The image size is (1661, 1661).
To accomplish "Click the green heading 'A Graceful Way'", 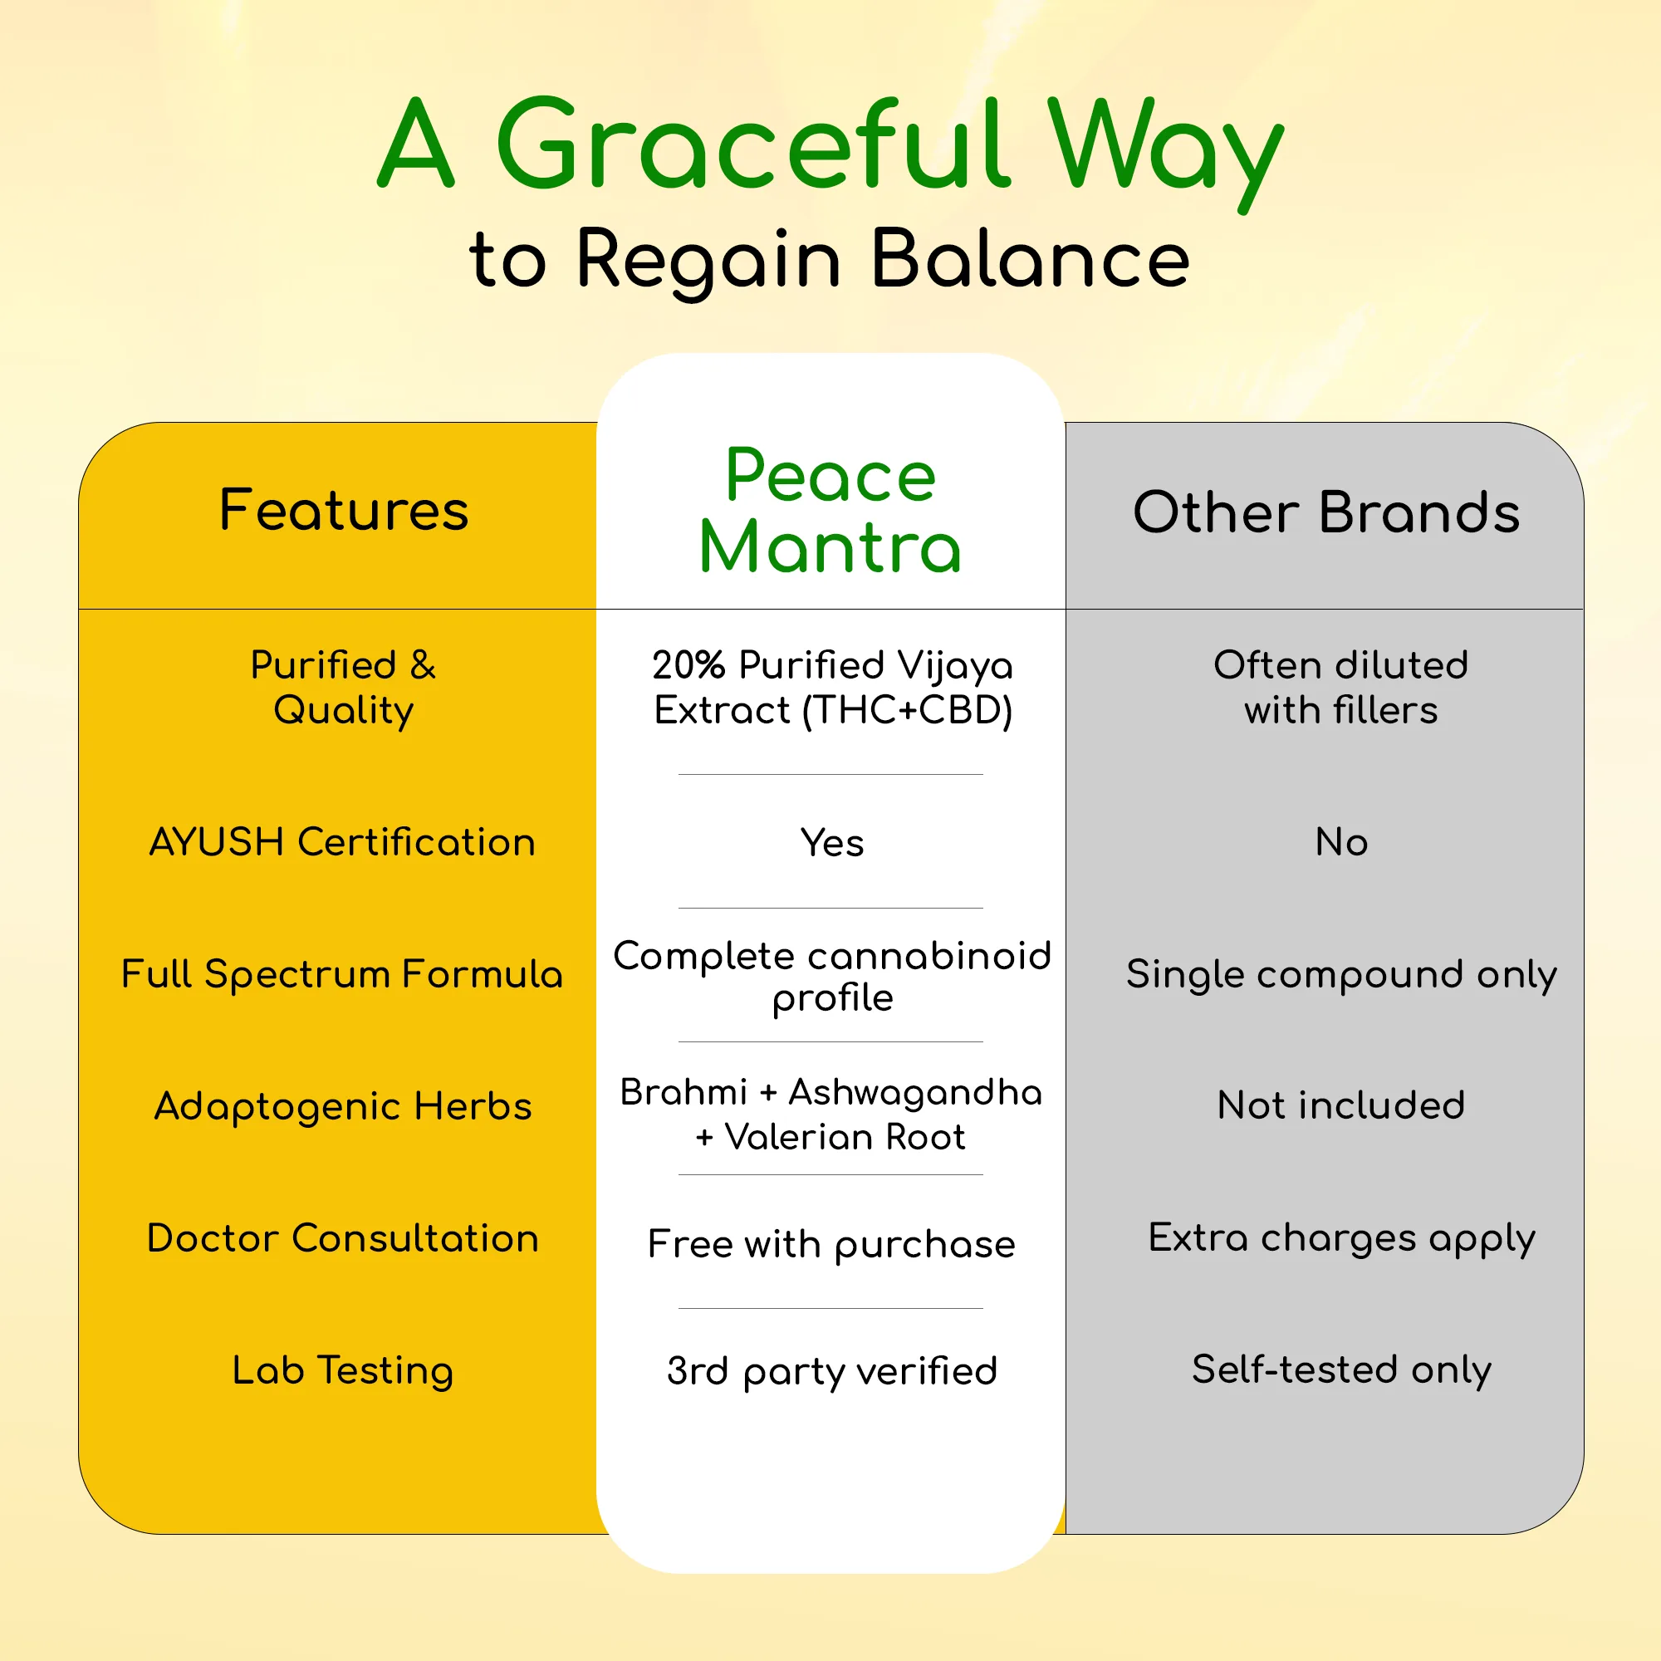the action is pyautogui.click(x=830, y=148).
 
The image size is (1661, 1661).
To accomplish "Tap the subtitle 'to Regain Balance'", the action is pyautogui.click(x=830, y=261).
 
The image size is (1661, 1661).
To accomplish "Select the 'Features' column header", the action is pyautogui.click(x=344, y=510).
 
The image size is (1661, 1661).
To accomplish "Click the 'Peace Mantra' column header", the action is pyautogui.click(x=830, y=511).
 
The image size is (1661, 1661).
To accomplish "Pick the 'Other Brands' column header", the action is pyautogui.click(x=1326, y=512).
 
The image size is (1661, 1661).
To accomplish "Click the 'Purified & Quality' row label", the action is pyautogui.click(x=343, y=688).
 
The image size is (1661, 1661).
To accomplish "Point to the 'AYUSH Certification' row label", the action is pyautogui.click(x=343, y=841).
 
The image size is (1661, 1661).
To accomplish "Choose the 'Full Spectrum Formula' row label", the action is pyautogui.click(x=342, y=974).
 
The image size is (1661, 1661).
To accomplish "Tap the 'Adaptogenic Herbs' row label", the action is pyautogui.click(x=343, y=1106).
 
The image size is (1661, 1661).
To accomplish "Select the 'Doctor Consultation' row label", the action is pyautogui.click(x=343, y=1238).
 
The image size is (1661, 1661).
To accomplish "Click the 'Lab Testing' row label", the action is pyautogui.click(x=343, y=1370).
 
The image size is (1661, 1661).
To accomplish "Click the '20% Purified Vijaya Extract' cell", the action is pyautogui.click(x=832, y=688).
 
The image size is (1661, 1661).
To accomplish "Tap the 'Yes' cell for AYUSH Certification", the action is pyautogui.click(x=832, y=842).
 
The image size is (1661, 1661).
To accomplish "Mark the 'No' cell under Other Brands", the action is pyautogui.click(x=1341, y=841).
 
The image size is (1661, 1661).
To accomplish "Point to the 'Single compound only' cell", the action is pyautogui.click(x=1341, y=975).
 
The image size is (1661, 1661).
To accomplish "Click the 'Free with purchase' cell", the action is pyautogui.click(x=831, y=1245).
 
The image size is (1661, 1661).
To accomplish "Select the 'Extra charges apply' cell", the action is pyautogui.click(x=1341, y=1239).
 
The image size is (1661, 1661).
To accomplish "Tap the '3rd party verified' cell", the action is pyautogui.click(x=831, y=1371).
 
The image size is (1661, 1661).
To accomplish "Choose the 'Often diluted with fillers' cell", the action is pyautogui.click(x=1341, y=688).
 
